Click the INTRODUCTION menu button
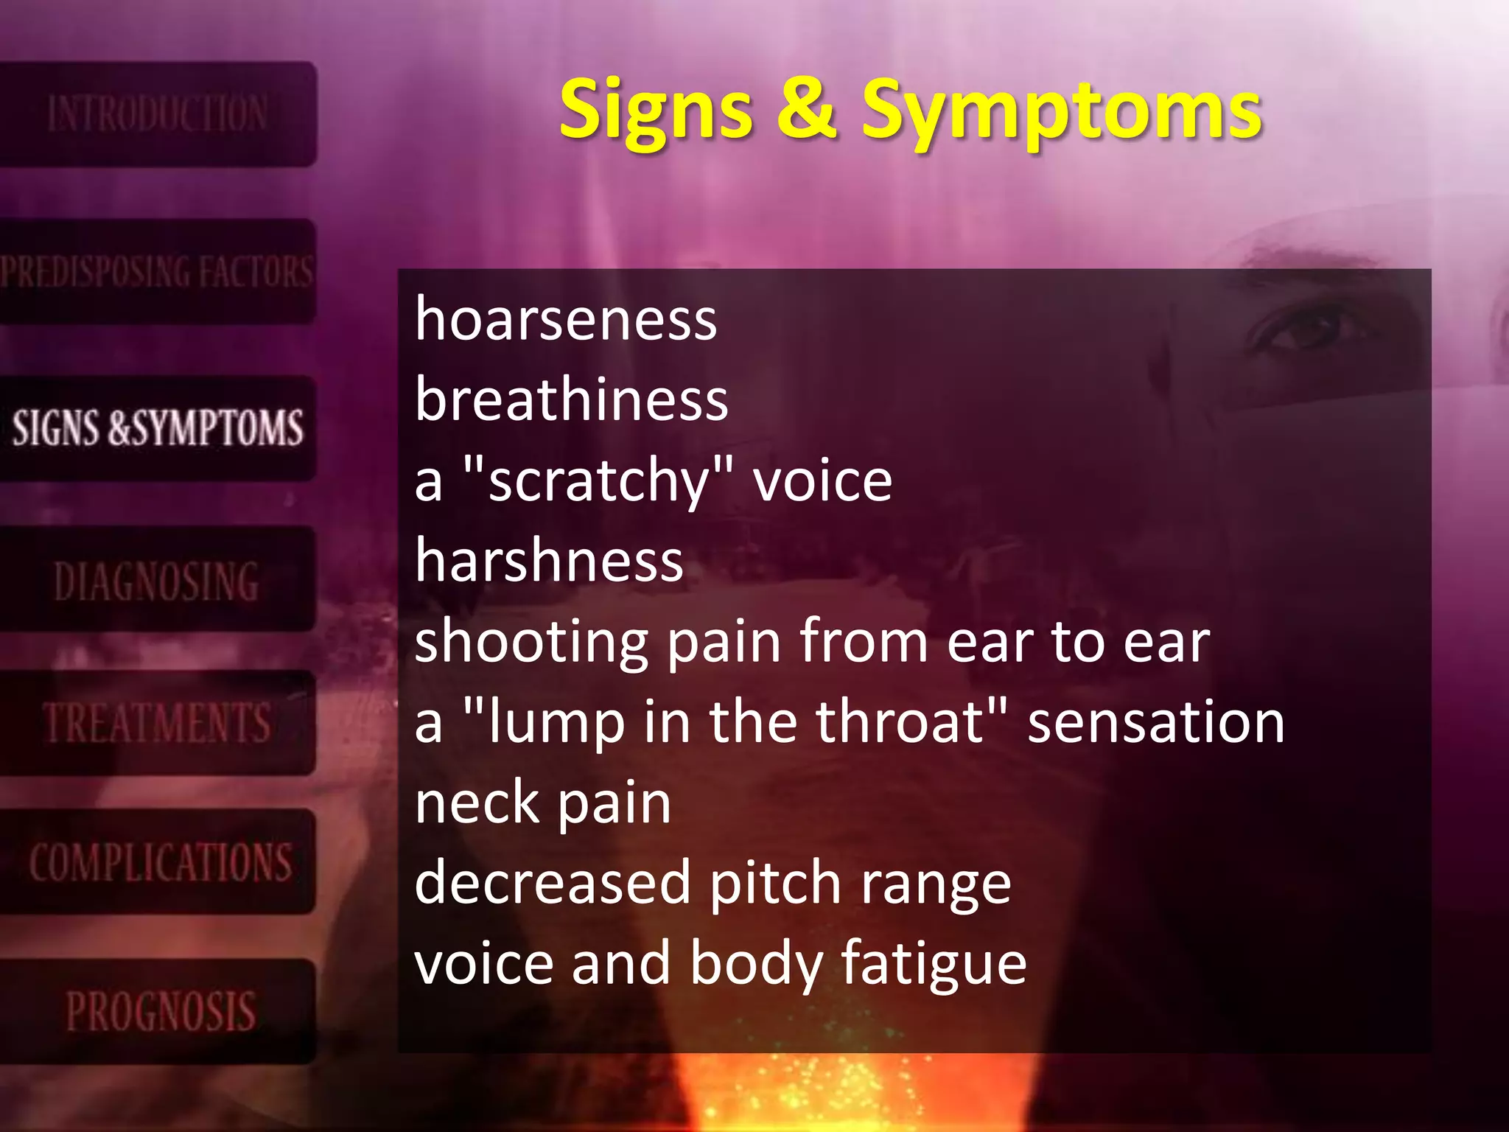(x=157, y=114)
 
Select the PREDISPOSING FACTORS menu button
(x=157, y=271)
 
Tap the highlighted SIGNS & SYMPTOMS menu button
(x=157, y=428)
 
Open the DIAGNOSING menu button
(x=157, y=581)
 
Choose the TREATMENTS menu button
(x=157, y=722)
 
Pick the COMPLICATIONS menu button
(x=160, y=862)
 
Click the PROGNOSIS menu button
(x=160, y=1011)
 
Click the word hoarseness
(x=566, y=320)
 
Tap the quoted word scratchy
(x=598, y=482)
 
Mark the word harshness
(x=550, y=561)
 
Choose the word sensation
(x=1156, y=722)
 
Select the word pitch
(x=775, y=884)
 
